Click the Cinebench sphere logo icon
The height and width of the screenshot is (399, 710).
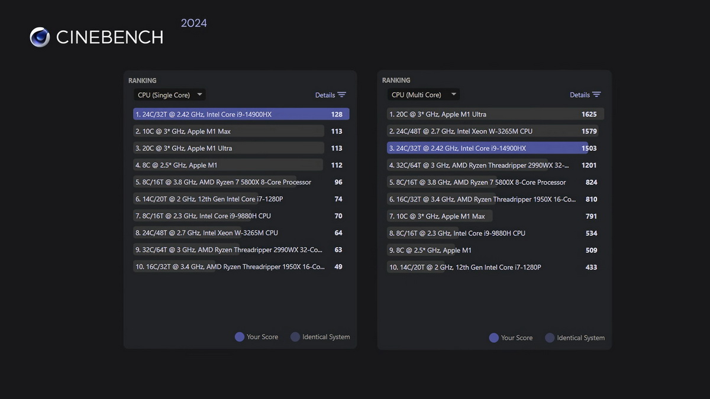click(40, 37)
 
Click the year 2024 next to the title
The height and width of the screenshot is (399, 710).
click(193, 24)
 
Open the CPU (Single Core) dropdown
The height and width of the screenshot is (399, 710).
click(169, 95)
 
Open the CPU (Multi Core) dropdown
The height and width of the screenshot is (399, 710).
click(424, 95)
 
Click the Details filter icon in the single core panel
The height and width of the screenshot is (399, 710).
click(341, 95)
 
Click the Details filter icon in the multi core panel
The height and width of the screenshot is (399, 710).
click(596, 95)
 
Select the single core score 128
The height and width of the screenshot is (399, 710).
click(337, 115)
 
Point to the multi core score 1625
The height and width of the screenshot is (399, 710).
click(589, 114)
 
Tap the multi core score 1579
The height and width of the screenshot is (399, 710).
click(589, 131)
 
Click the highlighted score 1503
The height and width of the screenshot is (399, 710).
click(589, 148)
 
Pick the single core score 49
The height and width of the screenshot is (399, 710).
click(338, 267)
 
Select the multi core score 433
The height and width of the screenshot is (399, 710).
click(591, 267)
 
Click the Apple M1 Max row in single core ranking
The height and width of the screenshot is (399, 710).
click(228, 131)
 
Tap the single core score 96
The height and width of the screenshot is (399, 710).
click(338, 182)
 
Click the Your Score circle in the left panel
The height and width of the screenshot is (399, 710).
click(240, 337)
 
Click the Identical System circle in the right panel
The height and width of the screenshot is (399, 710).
click(550, 338)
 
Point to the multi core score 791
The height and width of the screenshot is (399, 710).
click(591, 216)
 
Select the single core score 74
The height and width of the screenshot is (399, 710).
click(338, 199)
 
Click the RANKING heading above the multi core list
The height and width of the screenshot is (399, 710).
click(396, 80)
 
